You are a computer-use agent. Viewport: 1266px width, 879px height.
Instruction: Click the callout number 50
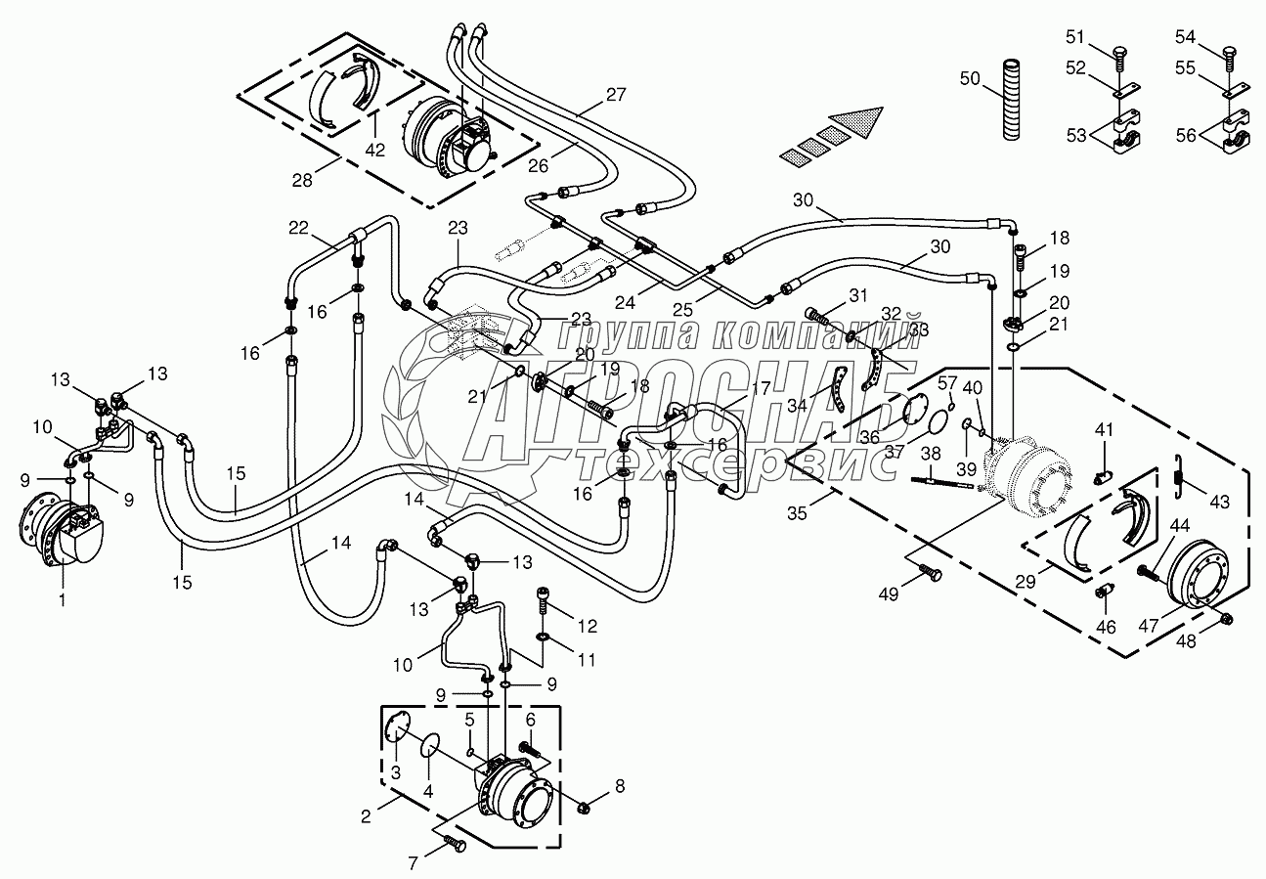coord(969,77)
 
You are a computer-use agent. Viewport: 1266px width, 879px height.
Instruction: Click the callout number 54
coord(1185,36)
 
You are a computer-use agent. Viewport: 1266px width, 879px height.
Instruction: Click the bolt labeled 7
coord(454,842)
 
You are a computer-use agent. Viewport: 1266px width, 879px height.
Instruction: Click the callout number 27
coord(615,95)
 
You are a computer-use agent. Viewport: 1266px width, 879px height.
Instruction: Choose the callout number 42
coord(375,150)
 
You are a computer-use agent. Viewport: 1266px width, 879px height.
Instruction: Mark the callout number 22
coord(297,228)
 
